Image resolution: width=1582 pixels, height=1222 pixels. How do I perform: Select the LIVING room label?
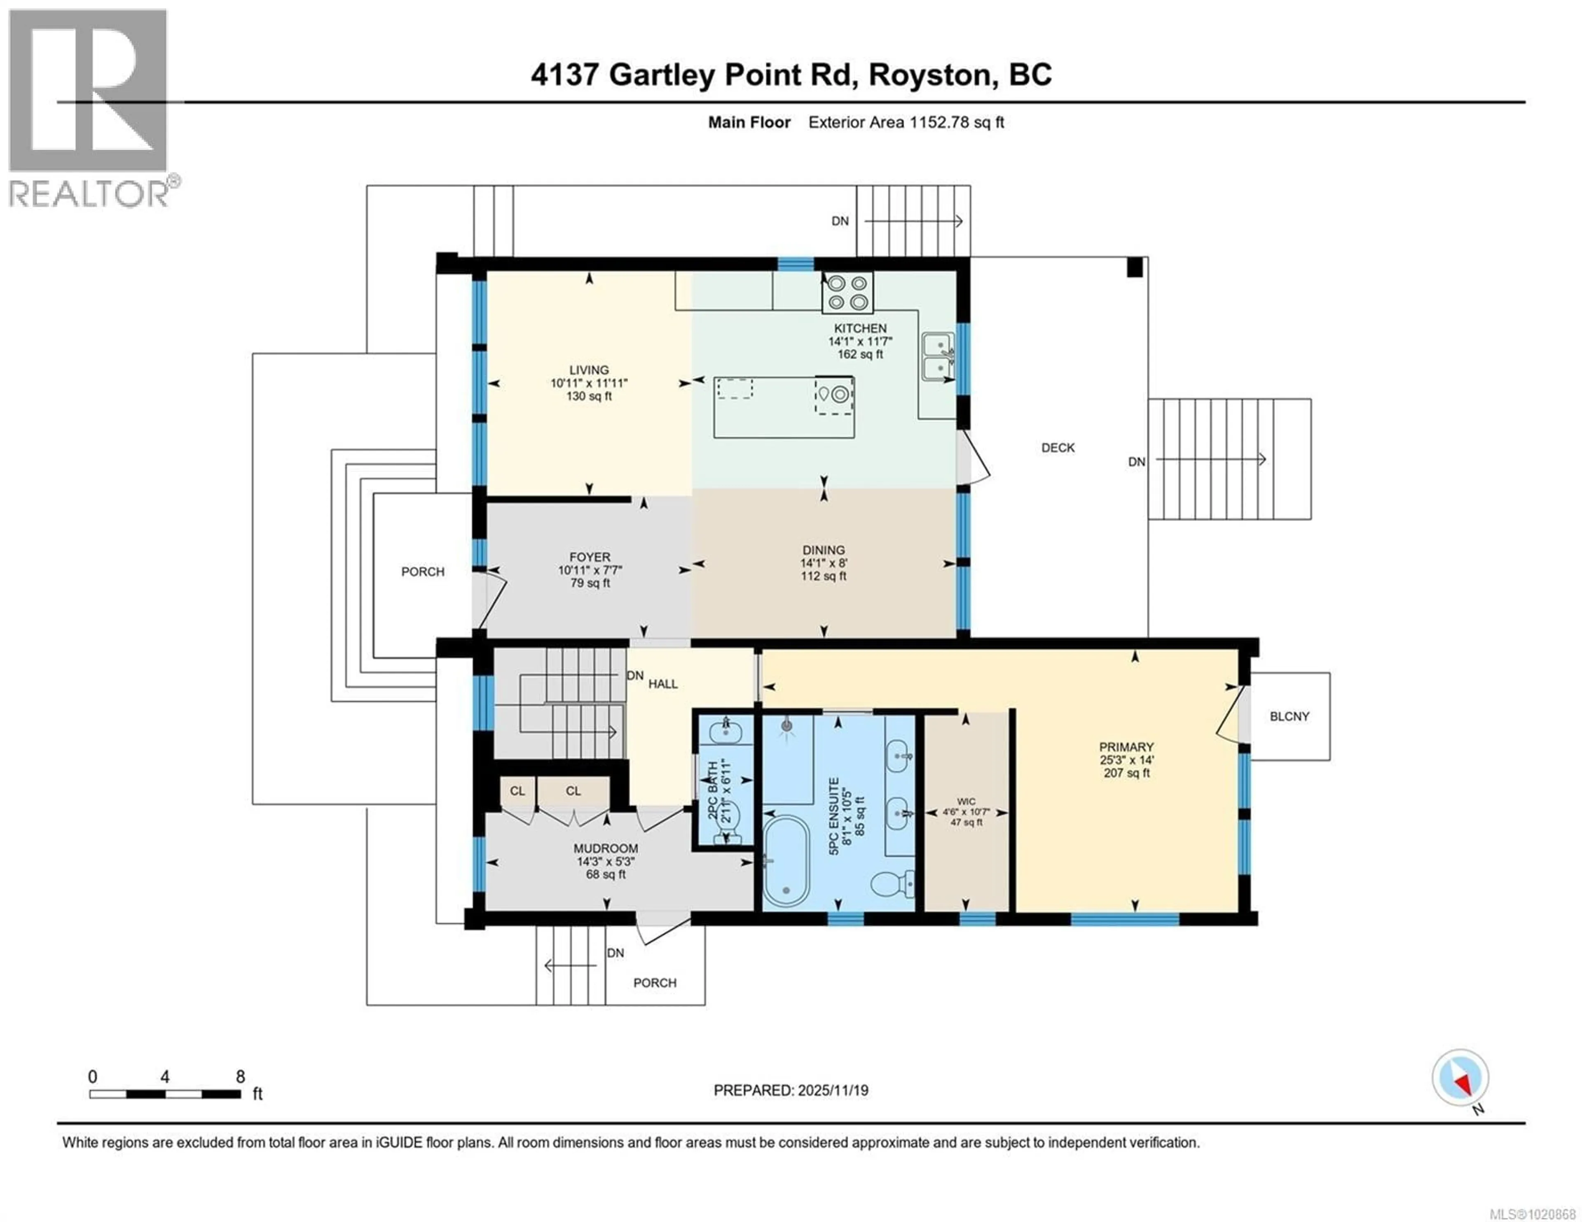pyautogui.click(x=588, y=370)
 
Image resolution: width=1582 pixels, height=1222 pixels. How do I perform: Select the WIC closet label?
pyautogui.click(x=966, y=801)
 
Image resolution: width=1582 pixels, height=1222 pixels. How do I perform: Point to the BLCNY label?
pyautogui.click(x=1289, y=716)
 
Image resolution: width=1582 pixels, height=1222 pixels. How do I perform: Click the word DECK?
pyautogui.click(x=1058, y=448)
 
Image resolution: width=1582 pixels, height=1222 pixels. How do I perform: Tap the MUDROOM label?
pyautogui.click(x=606, y=848)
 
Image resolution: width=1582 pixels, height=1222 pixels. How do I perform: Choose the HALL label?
pyautogui.click(x=663, y=684)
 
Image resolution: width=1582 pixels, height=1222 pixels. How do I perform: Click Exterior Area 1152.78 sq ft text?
pyautogui.click(x=906, y=122)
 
